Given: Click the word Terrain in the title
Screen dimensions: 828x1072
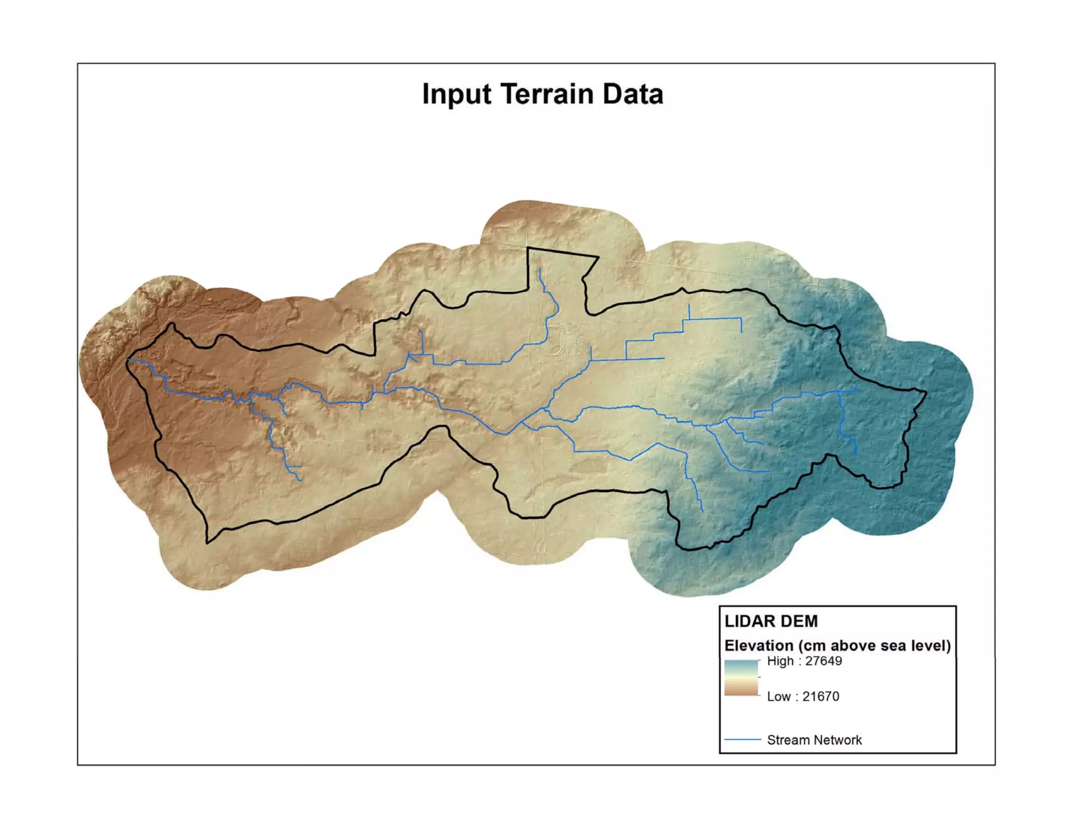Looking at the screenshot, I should (x=547, y=94).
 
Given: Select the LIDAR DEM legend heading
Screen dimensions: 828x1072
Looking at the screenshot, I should (x=770, y=621).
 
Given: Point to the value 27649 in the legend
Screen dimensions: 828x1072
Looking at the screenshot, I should (x=823, y=661).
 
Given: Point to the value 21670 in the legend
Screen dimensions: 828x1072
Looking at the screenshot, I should (x=820, y=697).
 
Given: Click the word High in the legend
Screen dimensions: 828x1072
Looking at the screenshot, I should (x=780, y=661).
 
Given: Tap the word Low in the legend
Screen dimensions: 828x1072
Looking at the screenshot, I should (x=778, y=697).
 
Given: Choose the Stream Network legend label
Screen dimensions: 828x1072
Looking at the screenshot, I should (x=814, y=740).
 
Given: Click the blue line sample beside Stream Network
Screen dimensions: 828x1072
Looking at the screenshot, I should (x=742, y=740).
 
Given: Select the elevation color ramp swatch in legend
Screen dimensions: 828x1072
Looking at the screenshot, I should (x=741, y=678).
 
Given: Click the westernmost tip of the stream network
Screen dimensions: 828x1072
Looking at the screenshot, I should (x=129, y=360).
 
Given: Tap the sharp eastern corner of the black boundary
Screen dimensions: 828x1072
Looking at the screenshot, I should (x=925, y=391).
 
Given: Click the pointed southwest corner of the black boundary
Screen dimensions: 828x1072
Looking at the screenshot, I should (x=208, y=542).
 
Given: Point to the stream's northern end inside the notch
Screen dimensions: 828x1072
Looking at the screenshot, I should (x=540, y=269).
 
